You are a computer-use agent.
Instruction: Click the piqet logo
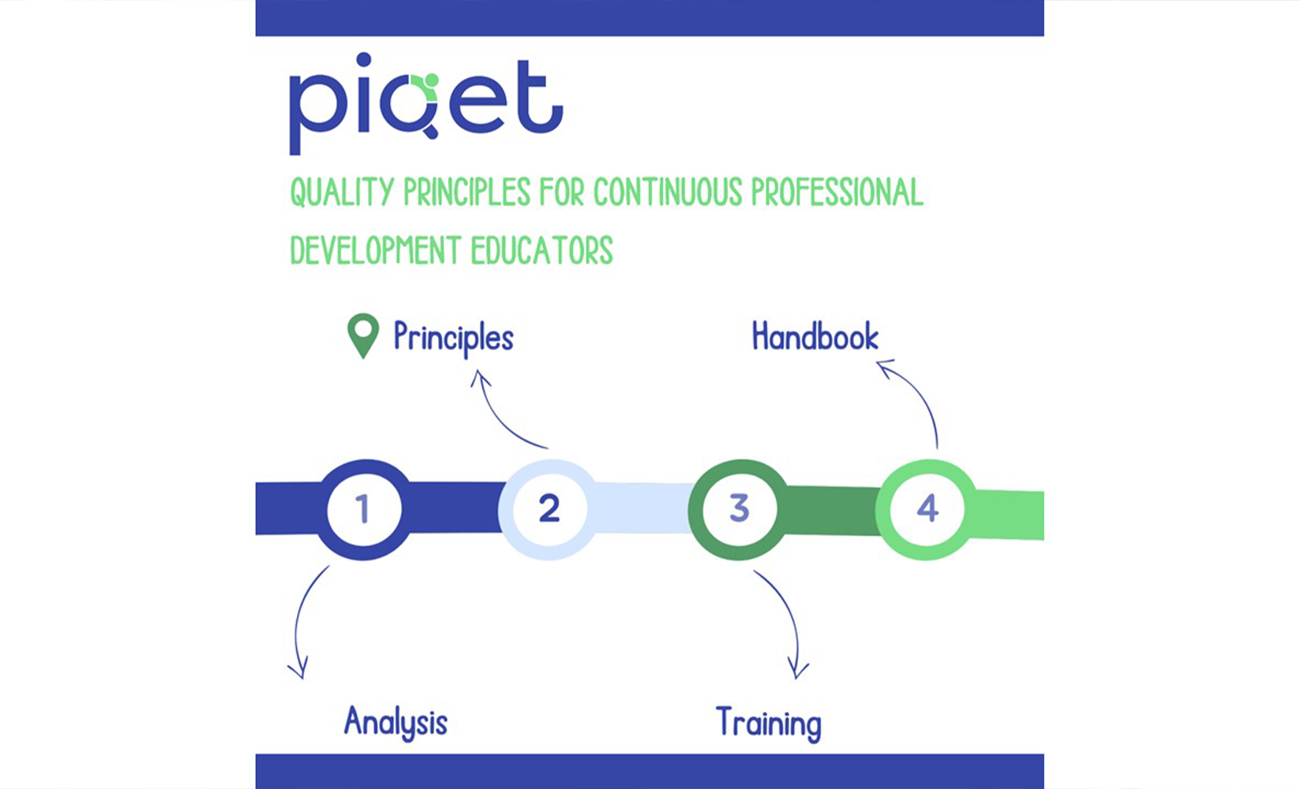(x=426, y=104)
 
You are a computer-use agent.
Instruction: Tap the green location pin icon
(x=363, y=336)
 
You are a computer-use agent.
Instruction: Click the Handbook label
(x=815, y=336)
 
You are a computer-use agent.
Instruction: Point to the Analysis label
(x=396, y=723)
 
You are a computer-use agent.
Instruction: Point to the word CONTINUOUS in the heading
(x=667, y=192)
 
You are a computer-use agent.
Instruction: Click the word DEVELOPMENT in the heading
(x=376, y=250)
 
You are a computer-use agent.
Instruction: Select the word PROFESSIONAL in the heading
(x=837, y=192)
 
